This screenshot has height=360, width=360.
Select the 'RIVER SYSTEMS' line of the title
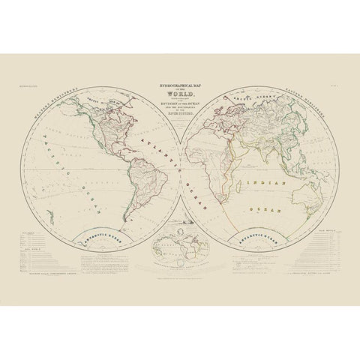(x=179, y=116)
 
